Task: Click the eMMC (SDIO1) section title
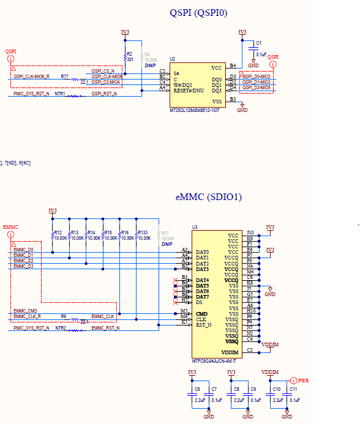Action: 208,197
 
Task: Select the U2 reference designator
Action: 173,59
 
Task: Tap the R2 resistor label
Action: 130,54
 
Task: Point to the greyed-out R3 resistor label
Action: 147,54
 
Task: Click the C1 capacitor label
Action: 259,43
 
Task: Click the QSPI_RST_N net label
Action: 104,94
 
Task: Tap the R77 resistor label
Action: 64,76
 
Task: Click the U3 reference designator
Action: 195,227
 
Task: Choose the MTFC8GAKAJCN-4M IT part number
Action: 214,360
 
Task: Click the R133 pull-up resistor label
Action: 143,232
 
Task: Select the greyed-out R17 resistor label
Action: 164,232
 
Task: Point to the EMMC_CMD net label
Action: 25,311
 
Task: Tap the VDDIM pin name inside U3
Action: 230,352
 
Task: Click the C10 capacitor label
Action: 277,389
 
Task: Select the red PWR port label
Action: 304,380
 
